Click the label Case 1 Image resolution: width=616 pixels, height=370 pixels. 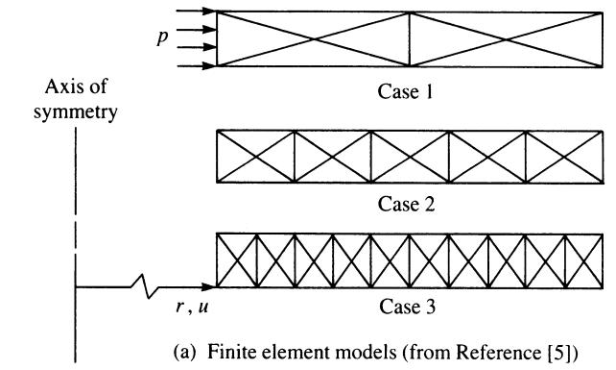point(405,91)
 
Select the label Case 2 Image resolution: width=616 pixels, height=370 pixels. point(406,204)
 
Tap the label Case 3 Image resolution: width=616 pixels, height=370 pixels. point(408,307)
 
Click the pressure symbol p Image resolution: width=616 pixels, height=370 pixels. point(162,37)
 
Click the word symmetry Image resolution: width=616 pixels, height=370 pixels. point(76,112)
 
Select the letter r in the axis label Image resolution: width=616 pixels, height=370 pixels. point(180,307)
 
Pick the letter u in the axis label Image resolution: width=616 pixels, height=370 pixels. point(202,307)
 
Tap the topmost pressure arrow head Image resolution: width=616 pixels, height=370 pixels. point(209,11)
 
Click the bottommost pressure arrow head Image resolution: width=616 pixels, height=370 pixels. point(209,65)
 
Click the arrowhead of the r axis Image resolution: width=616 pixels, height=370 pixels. point(208,287)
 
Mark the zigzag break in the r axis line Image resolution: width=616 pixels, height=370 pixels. point(145,287)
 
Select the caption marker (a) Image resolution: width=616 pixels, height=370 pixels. point(184,352)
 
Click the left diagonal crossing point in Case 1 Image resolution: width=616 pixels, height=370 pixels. point(314,39)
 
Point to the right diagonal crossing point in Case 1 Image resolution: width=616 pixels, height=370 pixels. point(507,39)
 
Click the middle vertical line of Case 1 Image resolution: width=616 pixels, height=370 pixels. point(410,39)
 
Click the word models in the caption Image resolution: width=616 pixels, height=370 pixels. point(370,351)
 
